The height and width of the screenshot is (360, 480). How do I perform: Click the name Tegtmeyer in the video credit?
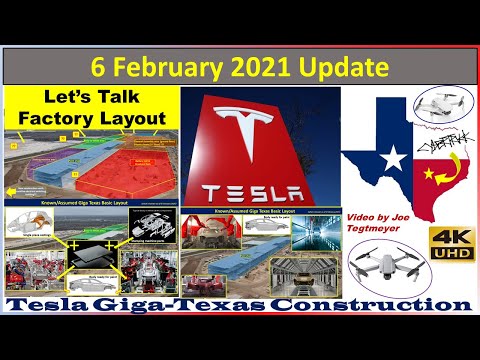[373, 225]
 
